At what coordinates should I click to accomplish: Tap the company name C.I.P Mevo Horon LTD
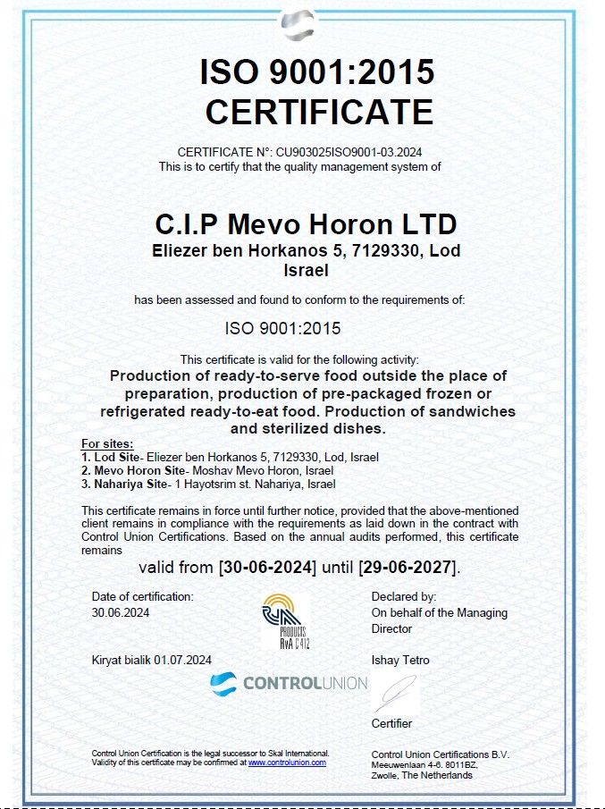click(307, 223)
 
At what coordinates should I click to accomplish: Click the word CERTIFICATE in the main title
click(319, 112)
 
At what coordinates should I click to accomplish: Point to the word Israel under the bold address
click(307, 269)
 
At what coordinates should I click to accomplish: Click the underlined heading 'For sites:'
click(107, 443)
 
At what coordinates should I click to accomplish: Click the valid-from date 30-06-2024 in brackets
click(267, 568)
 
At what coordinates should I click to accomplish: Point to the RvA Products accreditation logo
click(284, 620)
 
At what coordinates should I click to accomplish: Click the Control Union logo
click(288, 684)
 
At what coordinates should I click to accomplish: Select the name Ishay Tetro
click(400, 661)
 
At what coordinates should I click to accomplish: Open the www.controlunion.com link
click(287, 763)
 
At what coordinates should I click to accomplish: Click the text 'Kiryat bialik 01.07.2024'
click(152, 661)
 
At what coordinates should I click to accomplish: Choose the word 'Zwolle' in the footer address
click(387, 775)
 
